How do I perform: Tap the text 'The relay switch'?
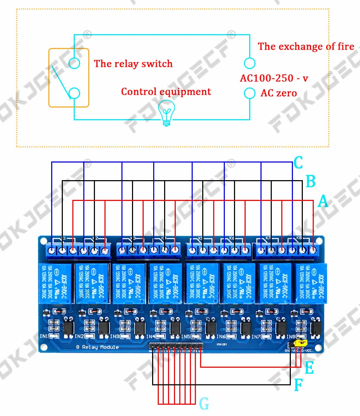pos(133,64)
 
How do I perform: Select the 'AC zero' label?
pos(278,93)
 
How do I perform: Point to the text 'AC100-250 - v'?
pos(274,78)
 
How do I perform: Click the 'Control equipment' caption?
pos(166,92)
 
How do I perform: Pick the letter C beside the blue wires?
pos(298,163)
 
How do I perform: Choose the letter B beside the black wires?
pos(310,182)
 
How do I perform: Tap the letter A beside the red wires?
pos(323,201)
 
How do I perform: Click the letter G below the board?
pos(204,404)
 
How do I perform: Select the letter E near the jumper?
pos(309,368)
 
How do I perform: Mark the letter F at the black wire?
pos(298,385)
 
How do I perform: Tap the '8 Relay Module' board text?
pos(97,347)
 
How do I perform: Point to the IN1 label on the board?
pos(44,336)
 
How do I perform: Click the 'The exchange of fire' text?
pos(306,47)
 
